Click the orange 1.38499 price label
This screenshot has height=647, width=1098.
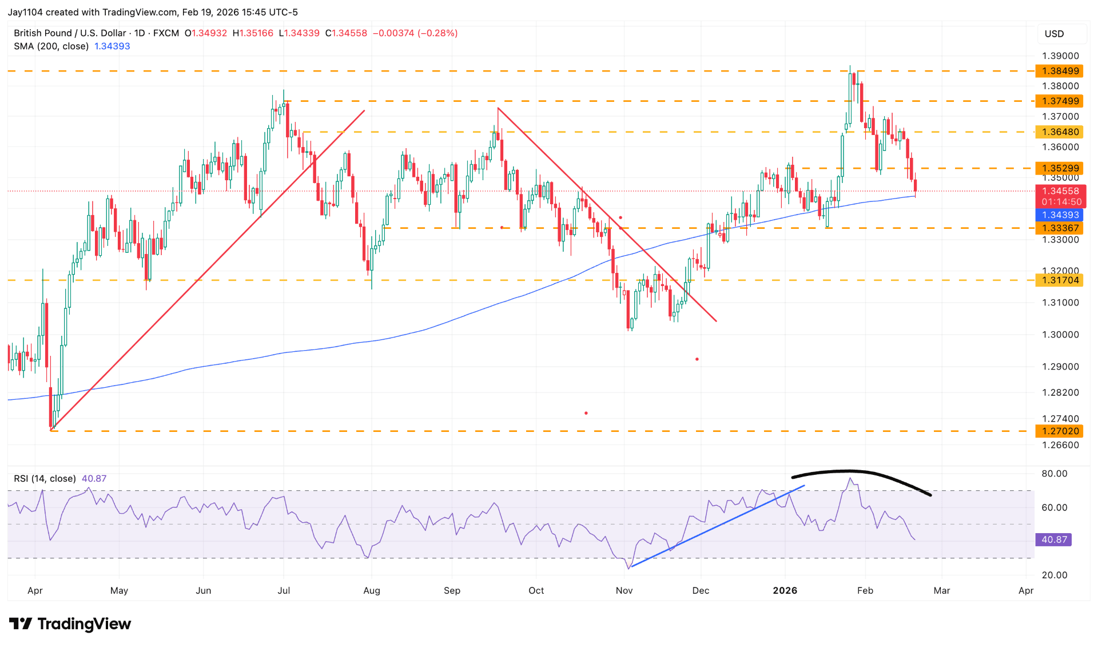[1060, 71]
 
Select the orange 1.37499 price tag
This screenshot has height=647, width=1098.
[1060, 101]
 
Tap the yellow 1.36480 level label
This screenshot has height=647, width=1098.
[1060, 132]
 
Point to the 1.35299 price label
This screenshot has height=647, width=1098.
[1060, 168]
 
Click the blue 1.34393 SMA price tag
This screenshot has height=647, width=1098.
[1060, 215]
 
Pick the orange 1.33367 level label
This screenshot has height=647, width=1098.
[1060, 228]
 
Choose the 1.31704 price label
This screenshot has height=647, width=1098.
[1060, 280]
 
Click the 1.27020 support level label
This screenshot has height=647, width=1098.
[1060, 431]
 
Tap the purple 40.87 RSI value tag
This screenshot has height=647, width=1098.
[1054, 539]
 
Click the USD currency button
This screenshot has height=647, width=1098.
[1054, 34]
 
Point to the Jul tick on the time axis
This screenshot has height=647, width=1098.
[284, 590]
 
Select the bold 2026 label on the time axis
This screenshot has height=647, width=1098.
[785, 590]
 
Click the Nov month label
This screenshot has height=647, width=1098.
[624, 590]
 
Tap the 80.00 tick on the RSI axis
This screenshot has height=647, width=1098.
[1054, 474]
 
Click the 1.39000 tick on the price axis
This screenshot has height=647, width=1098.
[1060, 56]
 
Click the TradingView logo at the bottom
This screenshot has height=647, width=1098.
[70, 624]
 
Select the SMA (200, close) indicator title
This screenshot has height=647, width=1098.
[51, 46]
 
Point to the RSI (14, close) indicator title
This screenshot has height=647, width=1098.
[45, 478]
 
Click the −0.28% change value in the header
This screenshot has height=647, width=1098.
[438, 33]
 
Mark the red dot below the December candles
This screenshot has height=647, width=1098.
[697, 359]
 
